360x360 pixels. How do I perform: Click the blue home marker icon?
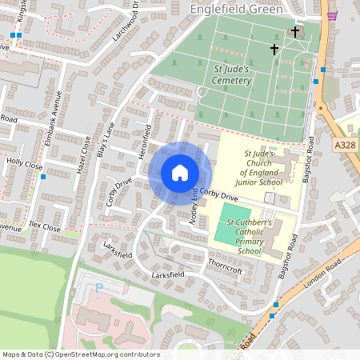(x=179, y=173)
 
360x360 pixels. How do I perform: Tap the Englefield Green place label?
(x=236, y=9)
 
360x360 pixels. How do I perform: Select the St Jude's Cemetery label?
(x=232, y=75)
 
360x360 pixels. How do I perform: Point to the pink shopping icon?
(x=332, y=15)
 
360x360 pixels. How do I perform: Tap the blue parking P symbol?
(x=99, y=286)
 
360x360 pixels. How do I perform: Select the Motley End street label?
(x=194, y=207)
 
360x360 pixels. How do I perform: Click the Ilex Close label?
(x=44, y=227)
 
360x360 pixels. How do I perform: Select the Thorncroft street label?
(x=224, y=270)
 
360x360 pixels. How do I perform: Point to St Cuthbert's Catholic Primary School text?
(x=250, y=236)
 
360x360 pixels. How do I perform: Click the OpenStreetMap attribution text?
(x=80, y=354)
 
